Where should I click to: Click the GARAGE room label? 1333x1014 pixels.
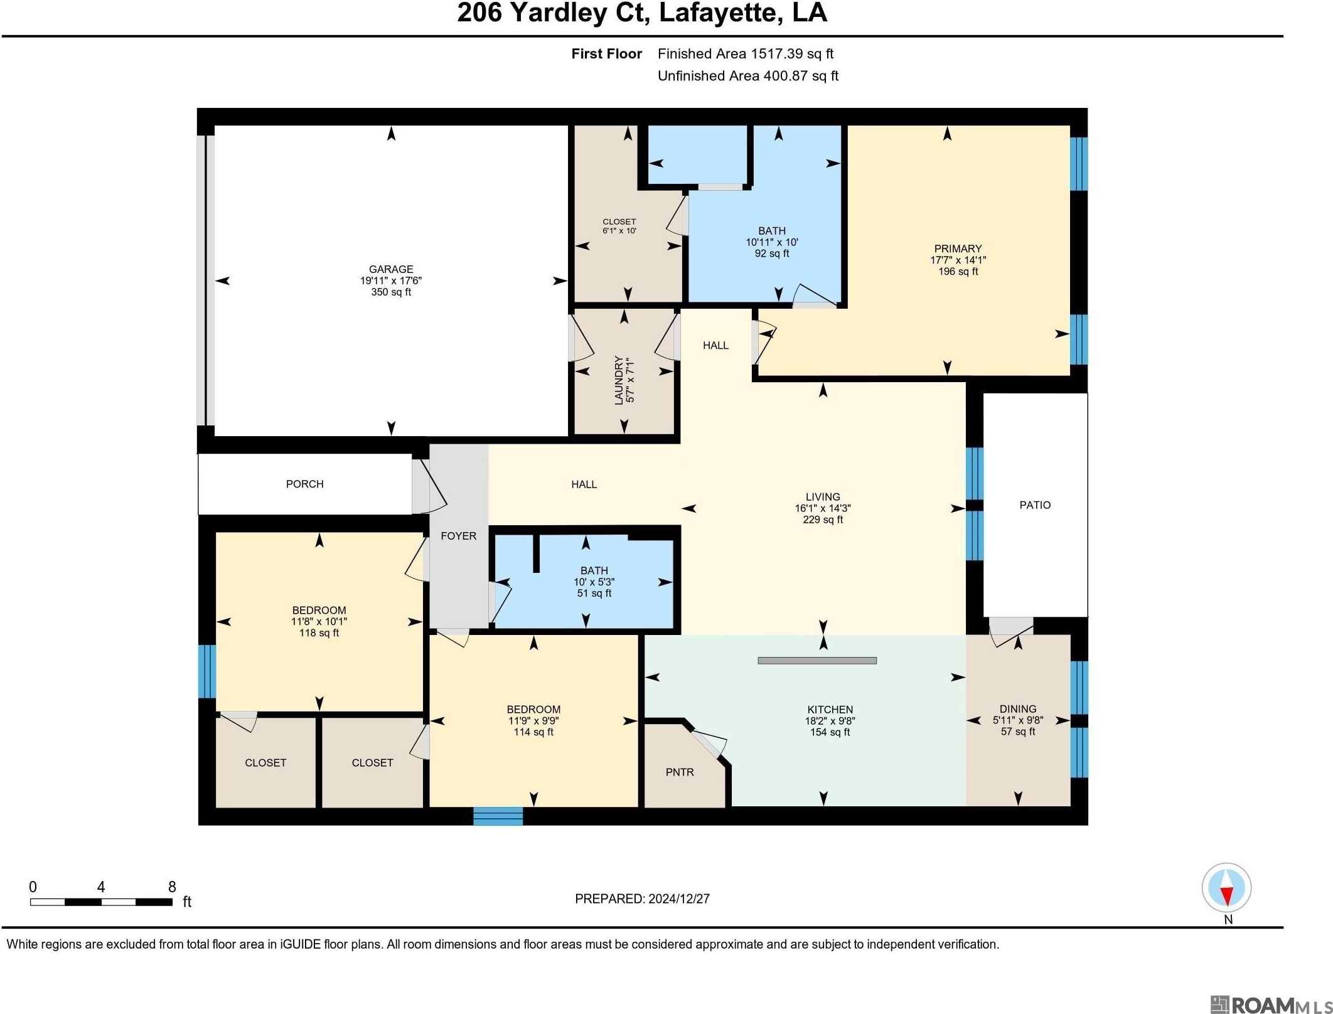point(390,269)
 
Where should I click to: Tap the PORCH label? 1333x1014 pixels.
point(304,484)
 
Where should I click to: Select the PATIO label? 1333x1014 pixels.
point(1035,505)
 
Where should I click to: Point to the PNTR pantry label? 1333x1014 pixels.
point(680,772)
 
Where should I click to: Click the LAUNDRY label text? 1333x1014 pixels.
point(619,380)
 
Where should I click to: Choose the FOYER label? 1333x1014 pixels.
point(458,536)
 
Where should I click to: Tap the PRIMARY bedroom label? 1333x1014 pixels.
point(958,248)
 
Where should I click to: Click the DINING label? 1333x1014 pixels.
point(1018,709)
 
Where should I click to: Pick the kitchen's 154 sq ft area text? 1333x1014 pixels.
point(830,732)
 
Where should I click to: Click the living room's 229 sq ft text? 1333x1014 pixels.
point(823,520)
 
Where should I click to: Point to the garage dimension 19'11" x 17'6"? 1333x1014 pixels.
point(390,280)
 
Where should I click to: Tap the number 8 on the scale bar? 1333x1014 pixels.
point(172,887)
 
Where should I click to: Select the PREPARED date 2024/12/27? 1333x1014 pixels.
point(679,899)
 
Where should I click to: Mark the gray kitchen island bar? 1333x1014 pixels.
point(817,660)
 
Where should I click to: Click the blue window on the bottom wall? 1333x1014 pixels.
point(498,816)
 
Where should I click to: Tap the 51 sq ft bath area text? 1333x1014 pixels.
point(594,593)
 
